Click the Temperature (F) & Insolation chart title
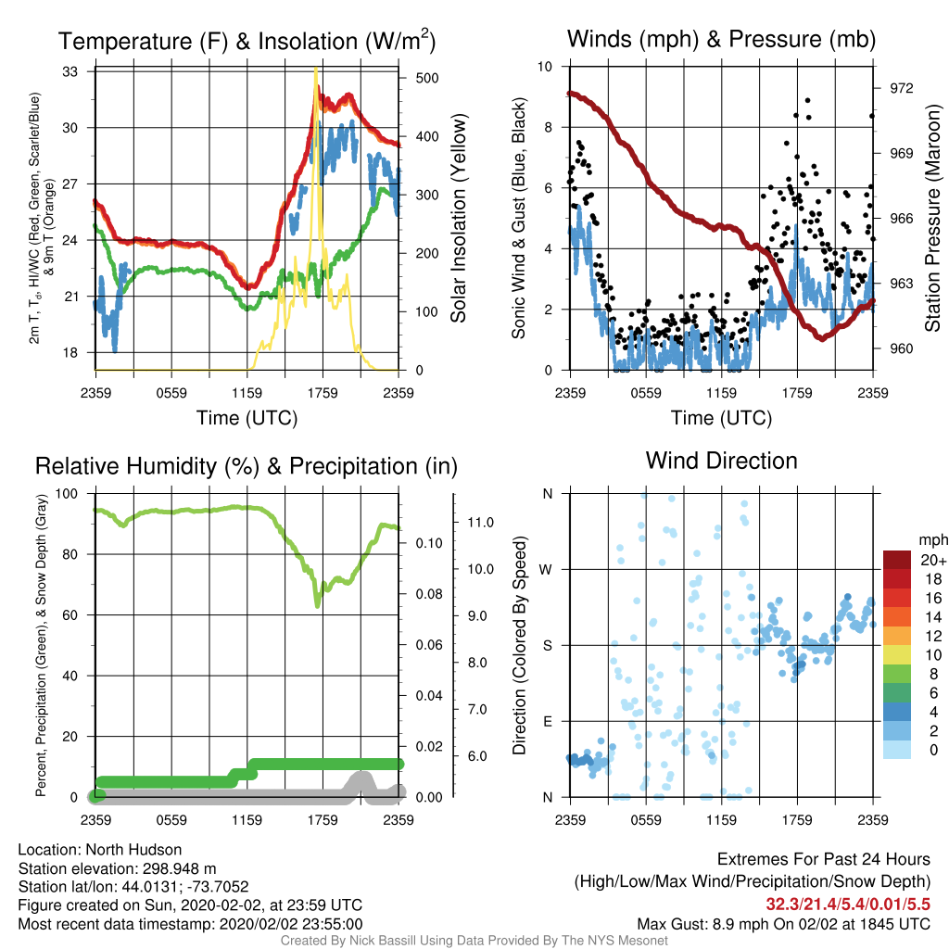[x=247, y=41]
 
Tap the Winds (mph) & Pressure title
[x=721, y=39]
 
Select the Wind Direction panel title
[x=721, y=461]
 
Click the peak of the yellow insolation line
[x=316, y=69]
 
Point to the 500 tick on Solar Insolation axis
[x=427, y=78]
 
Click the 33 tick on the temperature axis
[x=70, y=71]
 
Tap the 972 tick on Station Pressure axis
[x=901, y=88]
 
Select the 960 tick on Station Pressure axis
[x=901, y=348]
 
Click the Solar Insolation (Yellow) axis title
[x=458, y=218]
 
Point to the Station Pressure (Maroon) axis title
[x=932, y=218]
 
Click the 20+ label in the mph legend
[x=933, y=561]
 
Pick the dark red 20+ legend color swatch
[x=897, y=560]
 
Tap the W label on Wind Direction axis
[x=546, y=570]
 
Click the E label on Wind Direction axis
[x=547, y=721]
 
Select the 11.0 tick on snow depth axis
[x=481, y=523]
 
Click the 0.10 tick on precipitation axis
[x=429, y=543]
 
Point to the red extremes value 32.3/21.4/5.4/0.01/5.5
[x=848, y=905]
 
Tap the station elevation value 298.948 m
[x=179, y=868]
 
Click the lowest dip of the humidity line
[x=318, y=604]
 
